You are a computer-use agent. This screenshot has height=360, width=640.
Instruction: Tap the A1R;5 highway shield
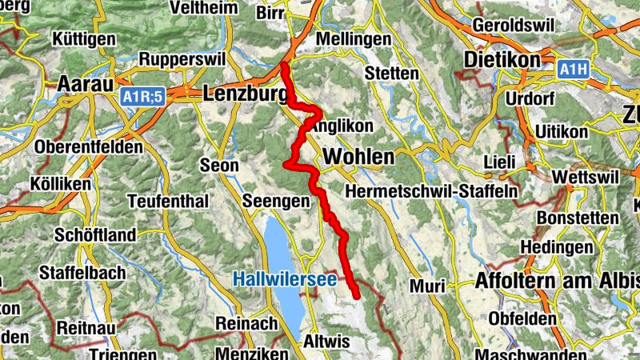click(x=143, y=97)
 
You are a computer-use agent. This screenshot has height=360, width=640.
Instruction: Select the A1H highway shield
click(x=573, y=70)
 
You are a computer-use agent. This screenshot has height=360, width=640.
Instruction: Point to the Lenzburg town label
click(x=246, y=94)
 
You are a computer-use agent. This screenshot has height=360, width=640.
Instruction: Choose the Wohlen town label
click(x=360, y=156)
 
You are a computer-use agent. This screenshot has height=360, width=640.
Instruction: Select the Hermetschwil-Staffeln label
click(x=431, y=192)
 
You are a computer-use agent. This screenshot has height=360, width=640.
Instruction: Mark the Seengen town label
click(x=275, y=201)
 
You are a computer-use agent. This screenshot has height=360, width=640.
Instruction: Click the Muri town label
click(x=426, y=286)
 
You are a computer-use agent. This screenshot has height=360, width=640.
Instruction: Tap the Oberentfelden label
click(x=89, y=147)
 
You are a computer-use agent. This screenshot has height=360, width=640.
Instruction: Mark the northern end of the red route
click(x=284, y=65)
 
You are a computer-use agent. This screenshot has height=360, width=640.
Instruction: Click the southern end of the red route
click(x=356, y=296)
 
